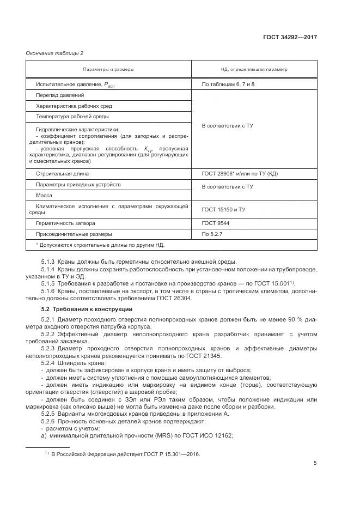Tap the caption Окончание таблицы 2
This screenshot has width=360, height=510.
(x=55, y=53)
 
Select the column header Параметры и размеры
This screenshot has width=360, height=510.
(x=108, y=70)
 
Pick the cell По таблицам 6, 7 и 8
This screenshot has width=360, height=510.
(x=228, y=84)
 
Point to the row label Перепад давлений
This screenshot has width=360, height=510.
(x=56, y=95)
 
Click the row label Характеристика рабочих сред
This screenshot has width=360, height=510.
(x=74, y=106)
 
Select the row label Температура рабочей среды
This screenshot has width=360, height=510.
(x=72, y=116)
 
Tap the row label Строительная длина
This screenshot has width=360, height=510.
(x=62, y=174)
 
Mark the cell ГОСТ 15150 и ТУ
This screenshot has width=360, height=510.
(x=223, y=209)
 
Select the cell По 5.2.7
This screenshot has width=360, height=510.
(x=212, y=234)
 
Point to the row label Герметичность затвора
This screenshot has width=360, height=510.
(x=65, y=223)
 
